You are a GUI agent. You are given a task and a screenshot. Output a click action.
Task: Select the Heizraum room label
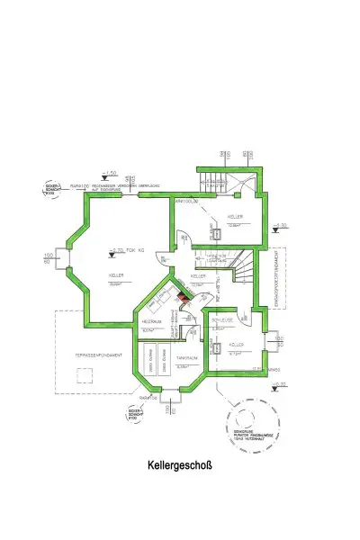[x=150, y=321]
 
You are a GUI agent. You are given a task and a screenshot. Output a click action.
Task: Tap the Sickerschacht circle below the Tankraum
[x=132, y=414]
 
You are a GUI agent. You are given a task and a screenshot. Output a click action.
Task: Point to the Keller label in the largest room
[x=116, y=274]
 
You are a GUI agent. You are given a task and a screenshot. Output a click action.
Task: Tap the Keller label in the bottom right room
[x=237, y=345]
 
